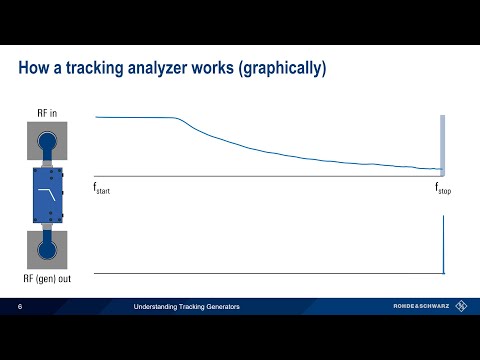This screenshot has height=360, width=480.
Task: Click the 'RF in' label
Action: (45, 113)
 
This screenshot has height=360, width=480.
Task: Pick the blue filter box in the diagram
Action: (45, 196)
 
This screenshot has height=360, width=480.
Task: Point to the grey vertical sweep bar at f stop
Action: (441, 145)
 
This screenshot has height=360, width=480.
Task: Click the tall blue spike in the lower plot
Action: (443, 245)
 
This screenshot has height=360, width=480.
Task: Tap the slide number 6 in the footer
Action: (20, 307)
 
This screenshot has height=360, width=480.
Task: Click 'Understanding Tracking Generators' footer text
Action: (192, 307)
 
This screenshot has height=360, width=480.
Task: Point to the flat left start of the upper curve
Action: (130, 118)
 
